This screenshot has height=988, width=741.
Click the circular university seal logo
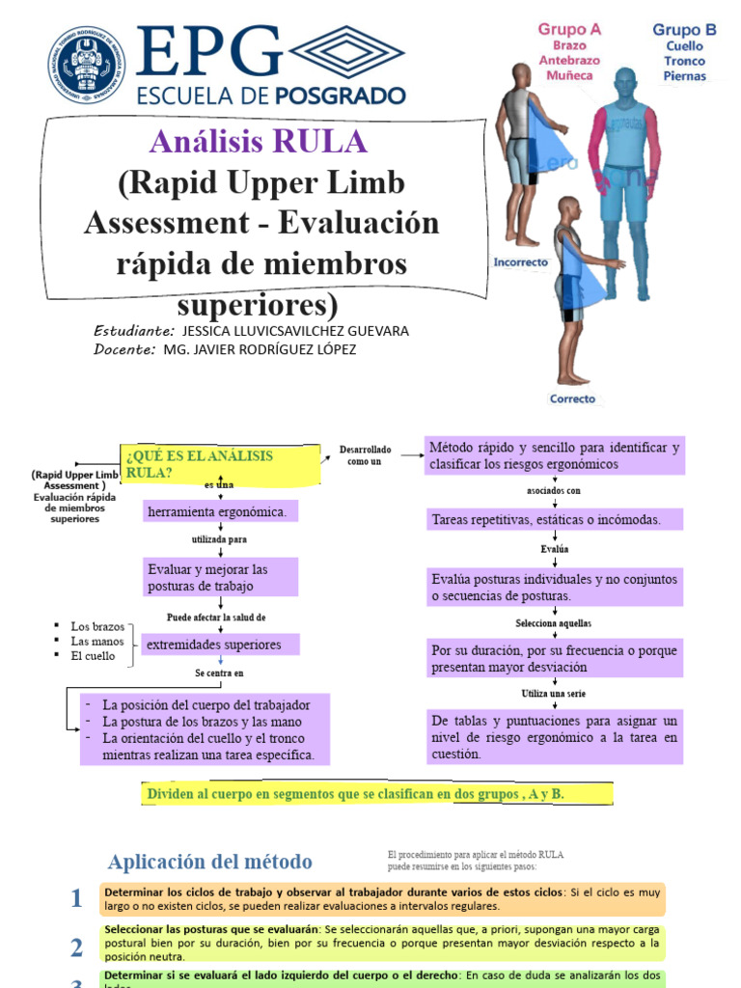tap(86, 65)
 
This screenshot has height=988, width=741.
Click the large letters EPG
tap(209, 53)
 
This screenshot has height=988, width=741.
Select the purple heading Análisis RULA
tap(259, 142)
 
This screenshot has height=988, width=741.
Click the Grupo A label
tap(569, 29)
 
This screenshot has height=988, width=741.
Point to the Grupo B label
tap(684, 30)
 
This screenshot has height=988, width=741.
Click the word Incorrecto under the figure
tap(521, 261)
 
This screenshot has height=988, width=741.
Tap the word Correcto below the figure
tap(572, 398)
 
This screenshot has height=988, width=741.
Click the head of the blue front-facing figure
tap(625, 82)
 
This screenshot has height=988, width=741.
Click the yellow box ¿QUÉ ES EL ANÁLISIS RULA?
tap(220, 464)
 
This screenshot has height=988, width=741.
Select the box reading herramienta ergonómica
tap(220, 511)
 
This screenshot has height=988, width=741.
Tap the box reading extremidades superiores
tap(219, 645)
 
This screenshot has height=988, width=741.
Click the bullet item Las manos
tap(97, 641)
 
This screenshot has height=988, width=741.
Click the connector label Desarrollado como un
tap(365, 455)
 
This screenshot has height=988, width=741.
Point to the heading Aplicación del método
tap(210, 862)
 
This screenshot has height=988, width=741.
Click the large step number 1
tap(76, 899)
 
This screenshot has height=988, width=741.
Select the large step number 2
tap(76, 947)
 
